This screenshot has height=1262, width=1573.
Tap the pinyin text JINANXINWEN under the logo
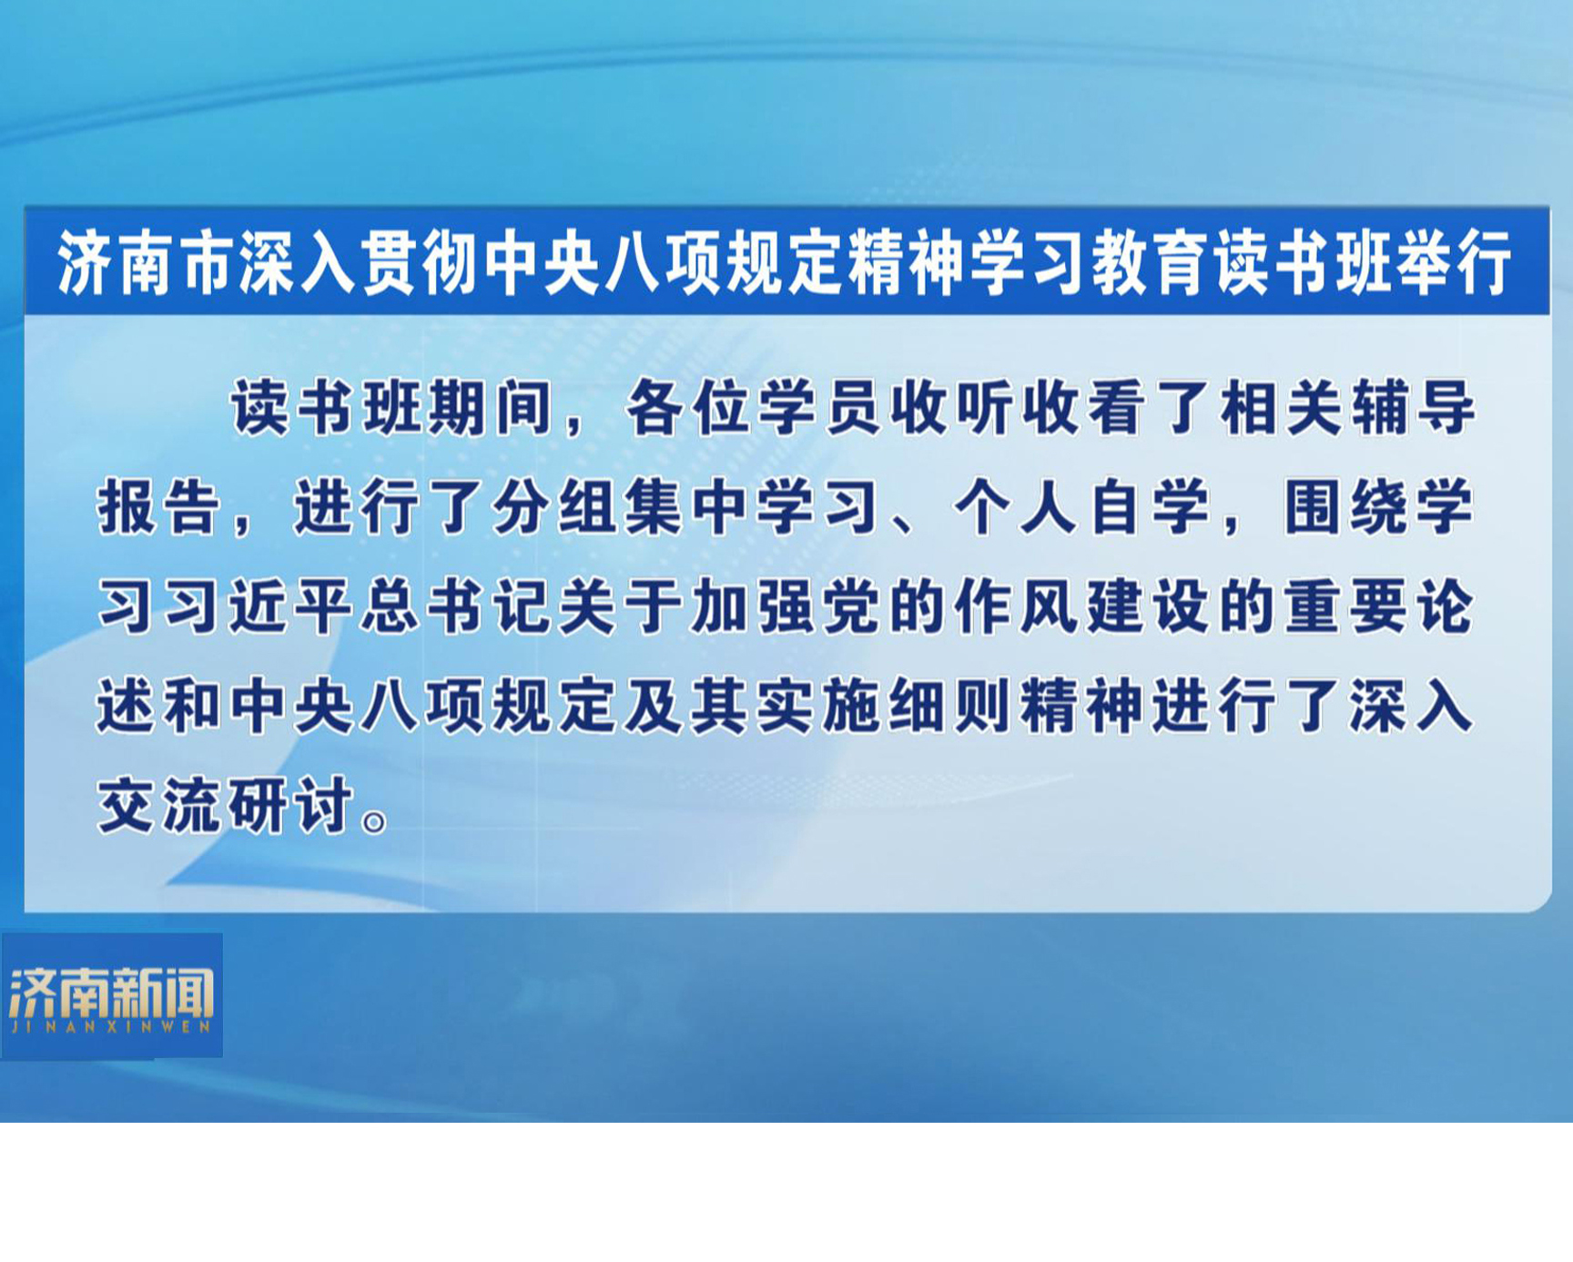tap(111, 1026)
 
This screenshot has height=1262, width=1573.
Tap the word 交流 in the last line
tap(159, 805)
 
